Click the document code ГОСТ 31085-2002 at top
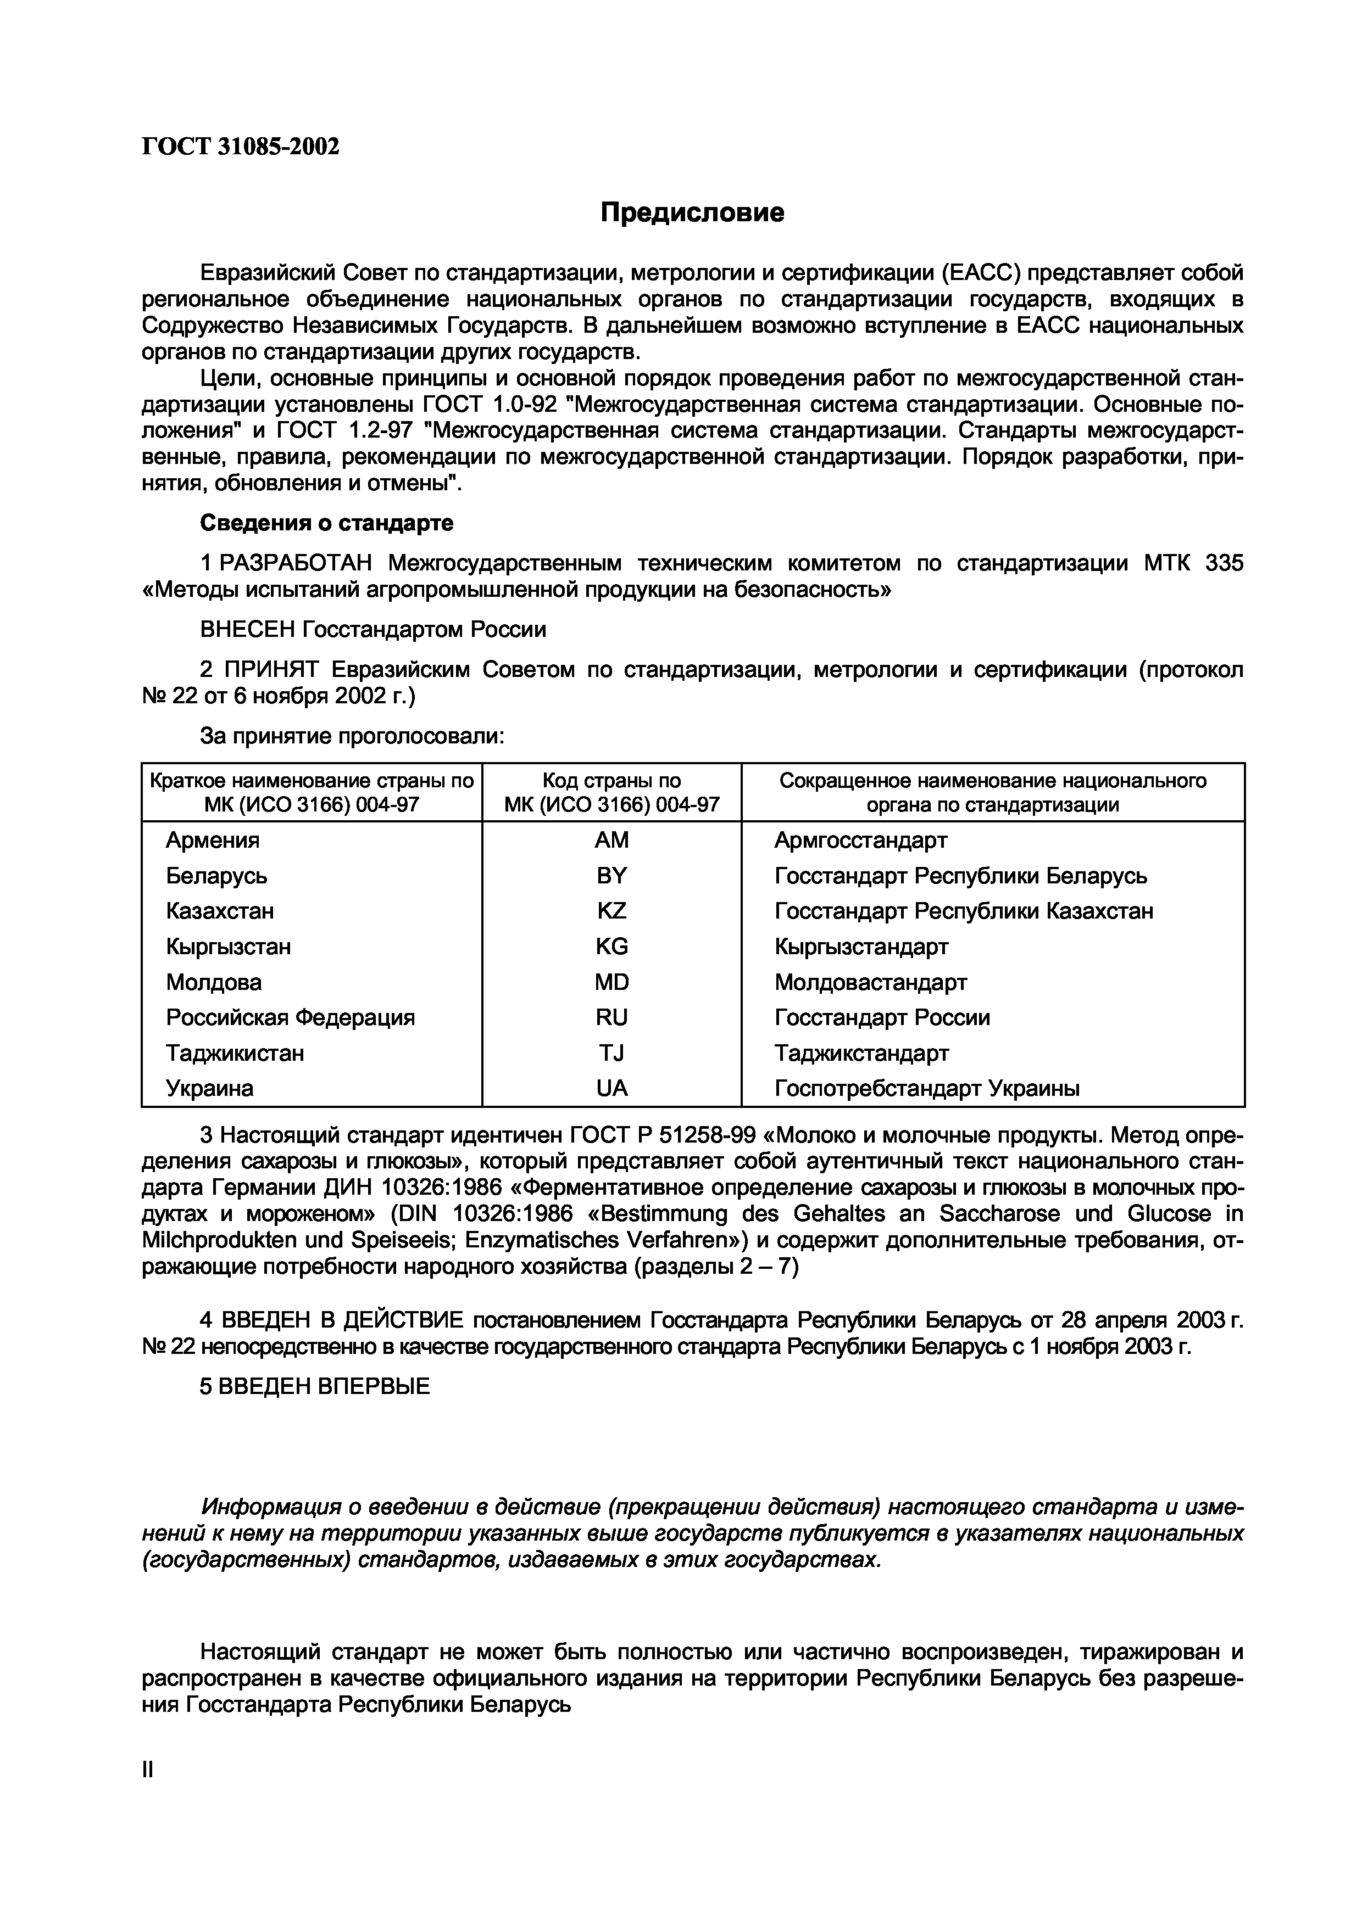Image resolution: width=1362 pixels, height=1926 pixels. [x=240, y=147]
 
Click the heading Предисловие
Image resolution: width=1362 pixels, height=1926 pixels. [x=692, y=213]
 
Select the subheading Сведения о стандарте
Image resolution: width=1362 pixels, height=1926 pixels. [x=326, y=523]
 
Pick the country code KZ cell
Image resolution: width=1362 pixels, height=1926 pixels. [x=611, y=911]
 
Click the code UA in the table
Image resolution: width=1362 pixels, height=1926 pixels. [x=611, y=1089]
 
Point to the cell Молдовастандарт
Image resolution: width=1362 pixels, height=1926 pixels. [x=870, y=982]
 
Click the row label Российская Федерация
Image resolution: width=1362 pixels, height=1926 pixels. [x=290, y=1017]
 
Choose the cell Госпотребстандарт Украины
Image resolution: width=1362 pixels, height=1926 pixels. [x=926, y=1089]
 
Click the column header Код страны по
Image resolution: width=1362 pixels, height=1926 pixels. [x=611, y=781]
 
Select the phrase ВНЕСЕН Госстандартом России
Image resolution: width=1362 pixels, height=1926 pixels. [x=373, y=629]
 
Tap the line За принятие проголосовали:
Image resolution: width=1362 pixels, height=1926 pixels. [x=352, y=736]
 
